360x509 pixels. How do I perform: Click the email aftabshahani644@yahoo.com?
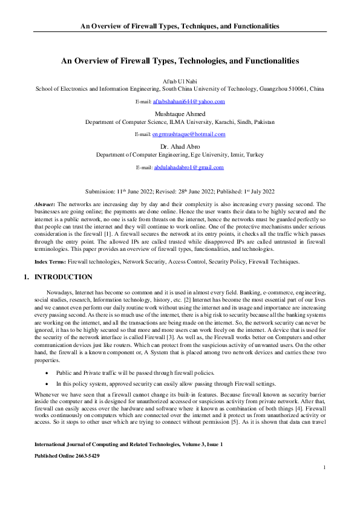coord(188,102)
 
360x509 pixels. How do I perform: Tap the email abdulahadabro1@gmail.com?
coord(189,167)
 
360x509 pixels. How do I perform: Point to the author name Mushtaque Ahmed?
coord(180,114)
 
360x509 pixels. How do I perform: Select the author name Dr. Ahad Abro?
coord(180,147)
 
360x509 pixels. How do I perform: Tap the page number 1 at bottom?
coord(325,484)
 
